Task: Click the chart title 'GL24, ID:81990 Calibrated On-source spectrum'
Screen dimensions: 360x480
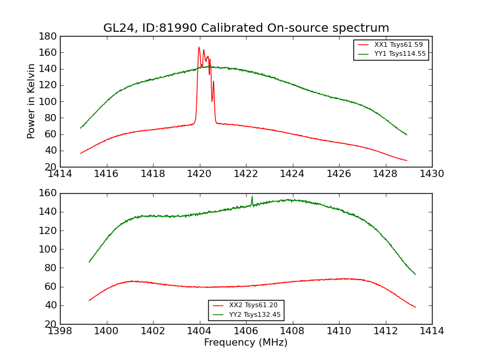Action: (246, 28)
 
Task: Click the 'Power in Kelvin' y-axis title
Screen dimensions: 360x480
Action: (31, 101)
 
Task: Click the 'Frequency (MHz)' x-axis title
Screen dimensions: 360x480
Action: (245, 343)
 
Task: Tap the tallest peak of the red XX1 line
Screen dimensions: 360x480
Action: (199, 47)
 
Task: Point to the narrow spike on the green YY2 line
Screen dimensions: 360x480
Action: (252, 196)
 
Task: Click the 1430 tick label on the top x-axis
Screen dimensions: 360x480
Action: (431, 174)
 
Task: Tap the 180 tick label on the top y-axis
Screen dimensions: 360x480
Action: (47, 37)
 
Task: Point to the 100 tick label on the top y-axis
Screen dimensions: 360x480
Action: (47, 101)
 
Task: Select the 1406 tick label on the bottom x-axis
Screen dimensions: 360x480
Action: (246, 331)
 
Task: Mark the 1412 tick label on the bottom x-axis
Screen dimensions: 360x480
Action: (385, 331)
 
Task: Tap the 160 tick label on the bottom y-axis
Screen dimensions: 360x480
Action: (47, 194)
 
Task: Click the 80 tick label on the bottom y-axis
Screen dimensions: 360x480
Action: (50, 268)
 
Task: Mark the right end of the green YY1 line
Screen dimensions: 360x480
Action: (407, 134)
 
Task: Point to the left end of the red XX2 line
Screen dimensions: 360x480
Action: (89, 301)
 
